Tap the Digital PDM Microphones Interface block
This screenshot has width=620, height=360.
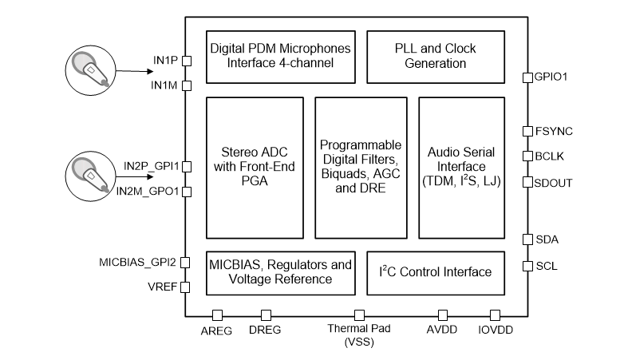[280, 56]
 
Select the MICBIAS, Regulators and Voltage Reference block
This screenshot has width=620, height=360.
[280, 272]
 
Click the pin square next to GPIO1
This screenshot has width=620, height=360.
[527, 77]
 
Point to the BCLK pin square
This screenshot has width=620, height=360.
[527, 156]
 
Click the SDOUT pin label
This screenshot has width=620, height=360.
[553, 182]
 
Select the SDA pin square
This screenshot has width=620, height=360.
[527, 239]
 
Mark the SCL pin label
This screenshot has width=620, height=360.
[546, 266]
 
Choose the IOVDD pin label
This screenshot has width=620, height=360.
[495, 330]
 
